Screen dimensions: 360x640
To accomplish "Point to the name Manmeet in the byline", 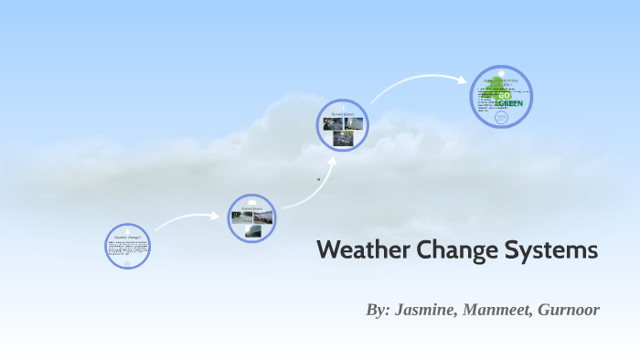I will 496,310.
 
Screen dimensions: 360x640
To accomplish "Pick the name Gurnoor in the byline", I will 569,310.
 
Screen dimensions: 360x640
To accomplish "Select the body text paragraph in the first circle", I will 128,248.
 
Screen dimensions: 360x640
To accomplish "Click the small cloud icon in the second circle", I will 252,201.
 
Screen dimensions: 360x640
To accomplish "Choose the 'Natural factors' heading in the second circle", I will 252,208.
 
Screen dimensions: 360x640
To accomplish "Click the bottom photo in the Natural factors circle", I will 252,231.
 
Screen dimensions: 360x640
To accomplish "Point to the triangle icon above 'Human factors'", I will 343,108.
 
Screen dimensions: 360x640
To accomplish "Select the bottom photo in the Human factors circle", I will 343,138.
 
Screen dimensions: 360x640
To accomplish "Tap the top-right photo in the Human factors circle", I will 353,123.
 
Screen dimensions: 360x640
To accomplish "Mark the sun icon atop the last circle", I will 501,73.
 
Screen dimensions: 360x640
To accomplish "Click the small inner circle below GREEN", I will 501,118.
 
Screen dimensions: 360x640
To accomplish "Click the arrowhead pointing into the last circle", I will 464,79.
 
